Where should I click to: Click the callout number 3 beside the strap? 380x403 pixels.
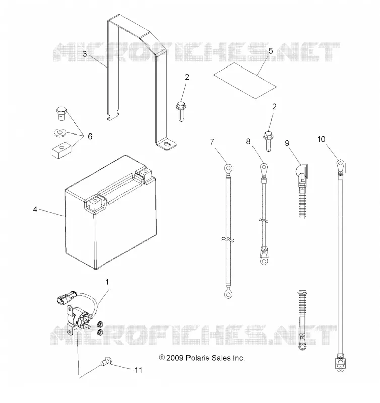pos(85,54)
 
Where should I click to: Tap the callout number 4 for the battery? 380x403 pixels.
pos(35,209)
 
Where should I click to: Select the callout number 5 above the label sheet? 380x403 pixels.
pos(271,51)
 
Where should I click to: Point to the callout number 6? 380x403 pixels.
pos(90,136)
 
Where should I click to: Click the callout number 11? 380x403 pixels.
pos(138,370)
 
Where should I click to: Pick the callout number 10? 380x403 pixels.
pos(321,139)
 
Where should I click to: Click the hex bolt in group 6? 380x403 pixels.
pos(61,113)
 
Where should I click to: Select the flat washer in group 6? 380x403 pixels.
pos(60,133)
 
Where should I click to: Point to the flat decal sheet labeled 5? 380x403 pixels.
pos(245,81)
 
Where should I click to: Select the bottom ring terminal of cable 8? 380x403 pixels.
pos(264,260)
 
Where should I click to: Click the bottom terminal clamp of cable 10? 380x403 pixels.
pos(340,364)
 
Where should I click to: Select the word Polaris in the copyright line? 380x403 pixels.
pos(198,358)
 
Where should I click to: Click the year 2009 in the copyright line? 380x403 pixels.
pos(175,358)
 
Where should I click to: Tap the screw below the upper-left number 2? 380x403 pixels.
pos(181,111)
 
